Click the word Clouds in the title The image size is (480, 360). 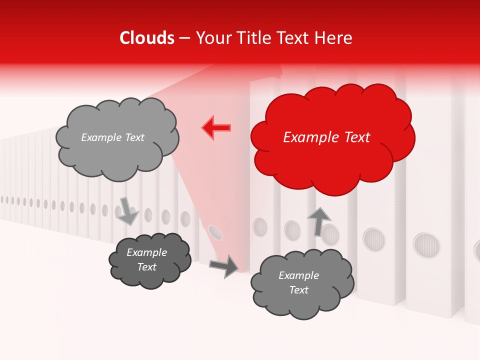[x=147, y=38]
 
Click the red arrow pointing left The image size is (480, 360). [x=216, y=128]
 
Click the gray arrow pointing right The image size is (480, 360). [x=224, y=266]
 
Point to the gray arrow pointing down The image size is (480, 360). [x=127, y=210]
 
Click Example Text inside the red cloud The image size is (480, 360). [x=326, y=137]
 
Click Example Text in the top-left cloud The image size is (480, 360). [x=112, y=137]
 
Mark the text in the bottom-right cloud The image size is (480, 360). [x=299, y=282]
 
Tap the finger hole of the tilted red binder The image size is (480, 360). [x=215, y=231]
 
